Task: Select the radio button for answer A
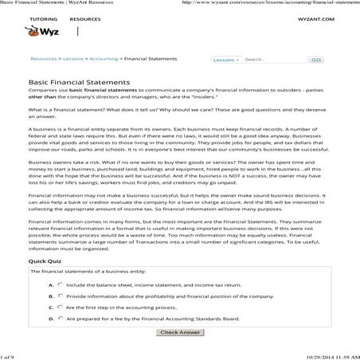(x=61, y=284)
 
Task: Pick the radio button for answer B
(x=61, y=295)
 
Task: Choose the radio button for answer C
(x=61, y=306)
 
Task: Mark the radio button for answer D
(x=61, y=317)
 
